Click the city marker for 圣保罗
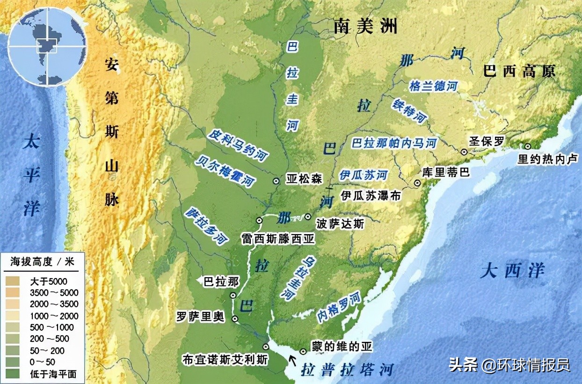464,152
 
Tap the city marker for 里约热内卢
528,146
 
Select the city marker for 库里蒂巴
417,183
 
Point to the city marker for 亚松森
276,179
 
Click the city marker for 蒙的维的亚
303,351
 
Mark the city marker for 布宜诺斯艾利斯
266,347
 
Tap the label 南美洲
365,27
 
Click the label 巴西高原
519,71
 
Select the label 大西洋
512,271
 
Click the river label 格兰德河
433,86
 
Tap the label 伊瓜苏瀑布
371,196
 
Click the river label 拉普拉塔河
347,369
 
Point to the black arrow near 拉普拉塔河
293,360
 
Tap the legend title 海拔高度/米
42,262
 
